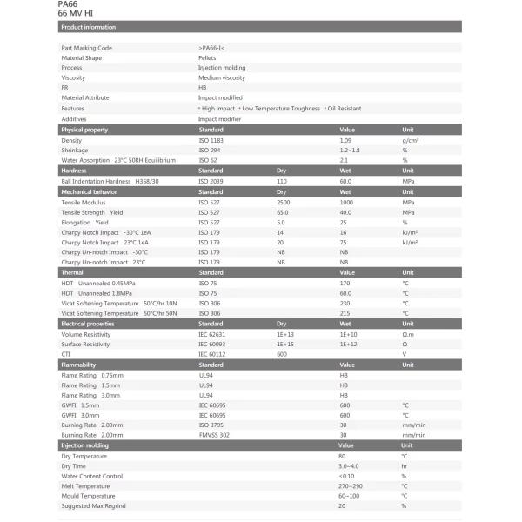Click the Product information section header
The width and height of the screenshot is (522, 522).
click(89, 27)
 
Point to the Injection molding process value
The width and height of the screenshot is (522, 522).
click(222, 68)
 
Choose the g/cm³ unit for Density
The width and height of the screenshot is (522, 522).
click(411, 140)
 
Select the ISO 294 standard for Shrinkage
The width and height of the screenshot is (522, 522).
click(209, 151)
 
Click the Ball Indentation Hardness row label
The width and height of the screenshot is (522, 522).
click(106, 181)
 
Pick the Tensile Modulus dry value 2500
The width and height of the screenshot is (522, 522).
click(284, 202)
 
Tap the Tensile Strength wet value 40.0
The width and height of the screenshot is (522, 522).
click(345, 212)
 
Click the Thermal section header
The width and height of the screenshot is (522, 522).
click(72, 273)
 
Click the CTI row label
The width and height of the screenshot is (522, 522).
click(65, 354)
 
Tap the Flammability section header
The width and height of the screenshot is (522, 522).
click(78, 365)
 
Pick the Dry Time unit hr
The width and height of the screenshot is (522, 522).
click(404, 465)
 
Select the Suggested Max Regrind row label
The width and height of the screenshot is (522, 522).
click(93, 505)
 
